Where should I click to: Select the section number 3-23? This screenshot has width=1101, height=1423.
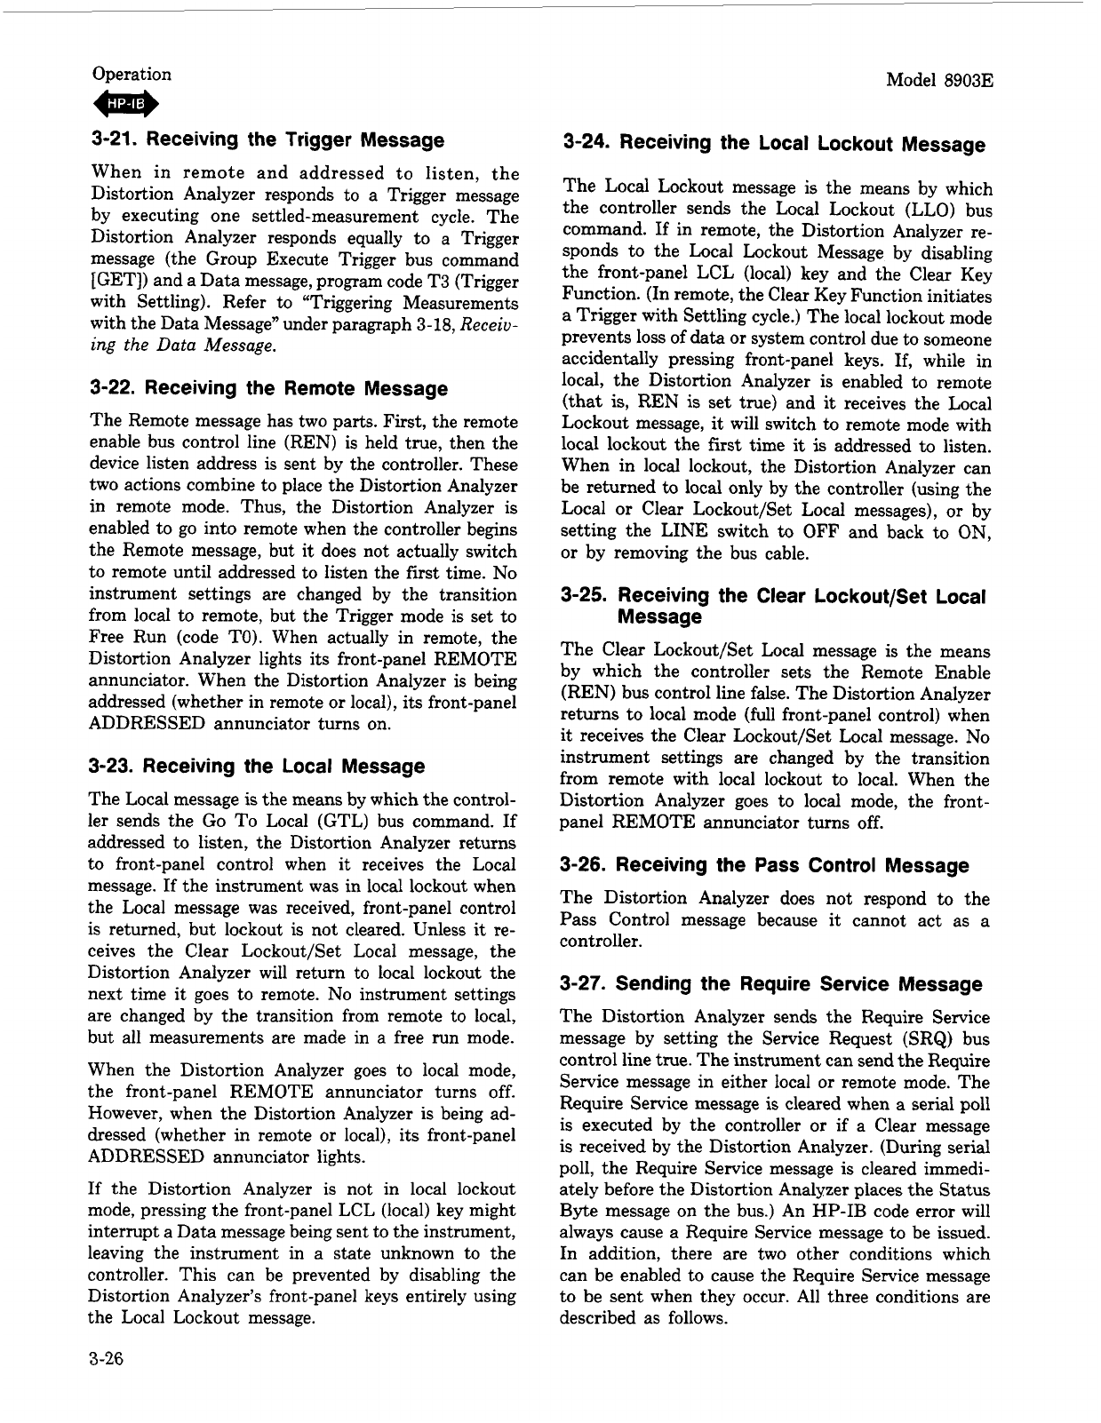pyautogui.click(x=112, y=766)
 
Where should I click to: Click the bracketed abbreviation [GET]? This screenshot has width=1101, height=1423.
pyautogui.click(x=111, y=282)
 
